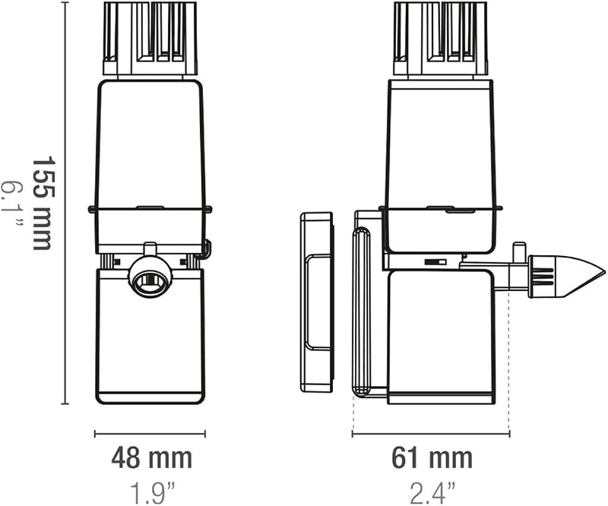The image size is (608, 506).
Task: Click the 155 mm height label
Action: (x=42, y=203)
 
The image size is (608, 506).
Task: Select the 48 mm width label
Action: (x=151, y=458)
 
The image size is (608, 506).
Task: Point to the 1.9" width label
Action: (x=151, y=492)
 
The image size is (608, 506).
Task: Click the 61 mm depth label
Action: (x=432, y=458)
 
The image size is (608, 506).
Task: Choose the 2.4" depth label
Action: (x=432, y=492)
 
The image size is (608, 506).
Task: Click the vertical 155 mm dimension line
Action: (x=65, y=203)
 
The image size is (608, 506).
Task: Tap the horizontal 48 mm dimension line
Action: (x=150, y=434)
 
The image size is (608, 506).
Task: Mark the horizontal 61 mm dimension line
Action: (x=431, y=434)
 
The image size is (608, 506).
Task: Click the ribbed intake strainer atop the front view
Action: (x=150, y=39)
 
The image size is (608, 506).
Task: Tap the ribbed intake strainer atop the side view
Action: (x=441, y=39)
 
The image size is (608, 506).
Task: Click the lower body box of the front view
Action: (x=150, y=337)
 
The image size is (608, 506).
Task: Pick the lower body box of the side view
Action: (x=442, y=337)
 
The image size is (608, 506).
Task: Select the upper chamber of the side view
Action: (x=442, y=166)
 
